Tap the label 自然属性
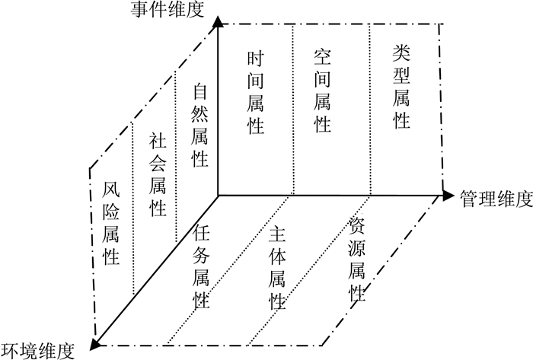pyautogui.click(x=200, y=126)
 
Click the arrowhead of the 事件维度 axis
pyautogui.click(x=219, y=21)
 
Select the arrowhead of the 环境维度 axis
pyautogui.click(x=95, y=345)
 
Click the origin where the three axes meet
pyautogui.click(x=219, y=196)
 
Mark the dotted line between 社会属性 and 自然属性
pyautogui.click(x=177, y=152)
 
